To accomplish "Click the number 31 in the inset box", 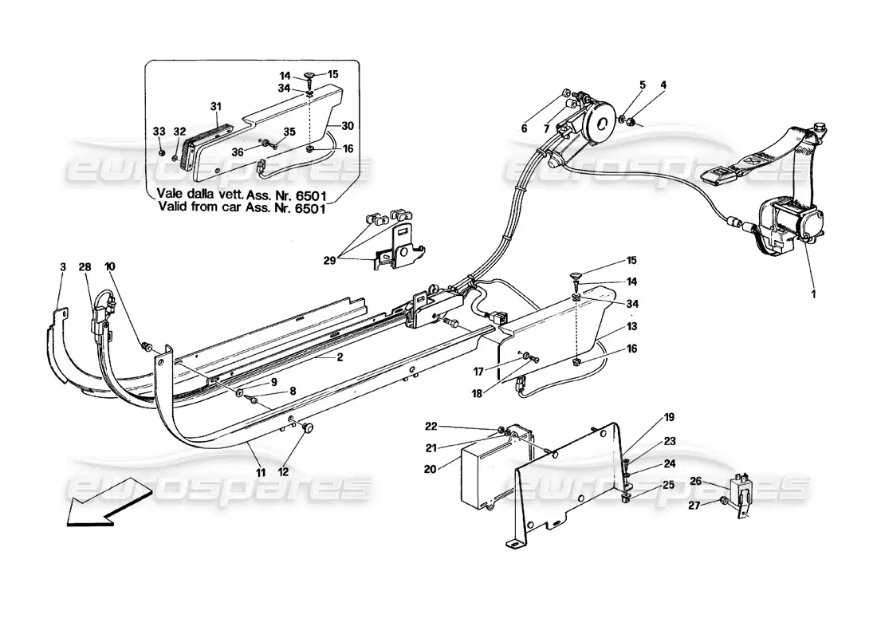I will [x=214, y=106].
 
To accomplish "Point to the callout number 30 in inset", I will [x=347, y=126].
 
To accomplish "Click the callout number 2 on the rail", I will [x=339, y=357].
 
